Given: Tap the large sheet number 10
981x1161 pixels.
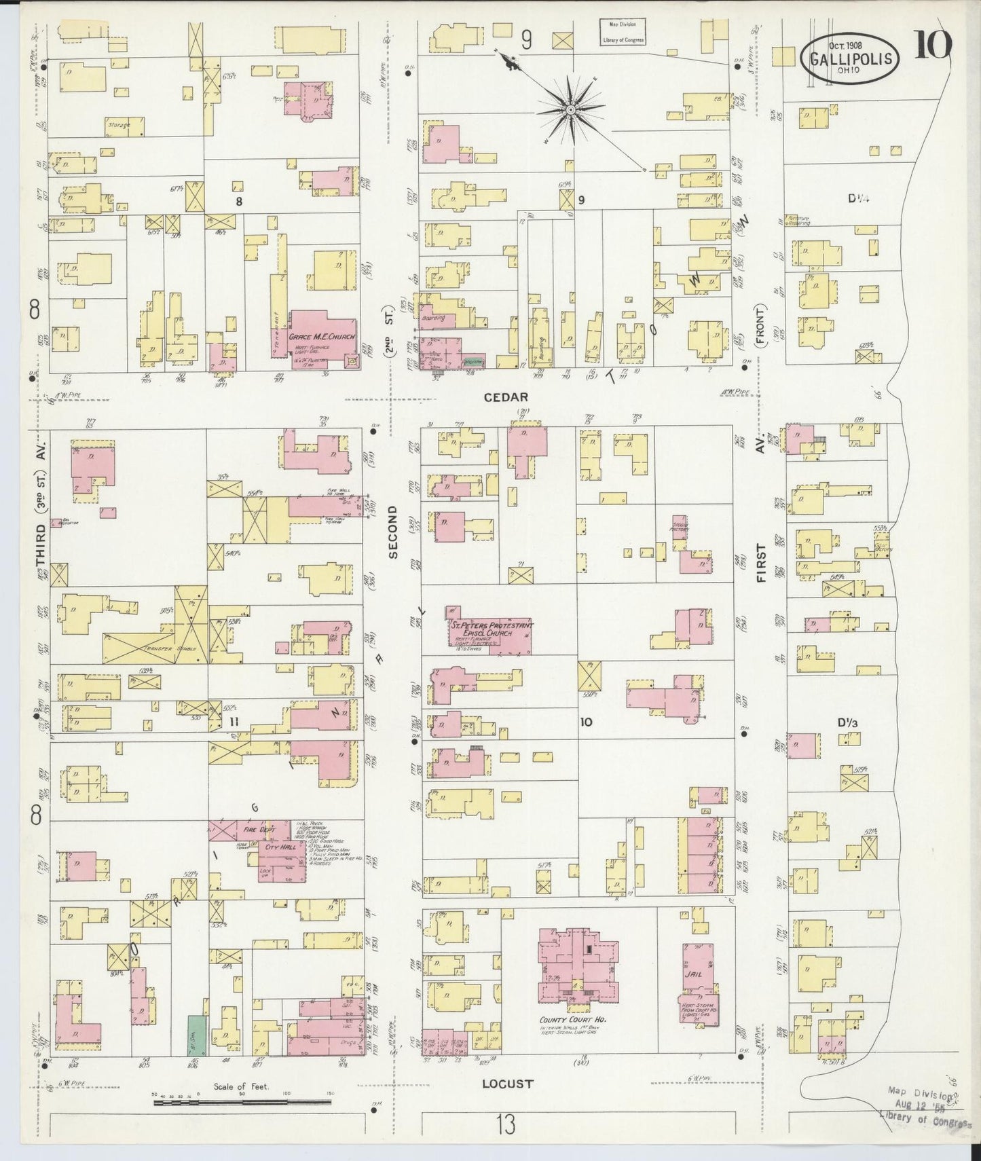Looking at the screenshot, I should (x=933, y=45).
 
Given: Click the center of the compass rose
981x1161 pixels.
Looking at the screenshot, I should (x=571, y=109).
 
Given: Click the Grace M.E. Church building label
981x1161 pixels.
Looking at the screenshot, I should (x=322, y=337).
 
